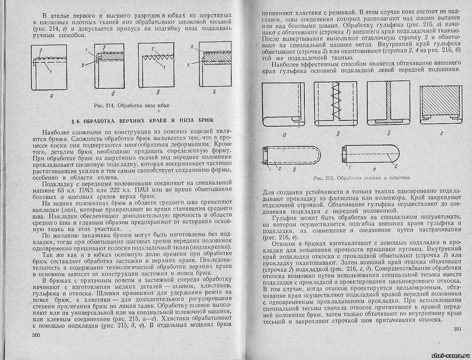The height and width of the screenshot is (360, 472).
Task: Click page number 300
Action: (36, 335)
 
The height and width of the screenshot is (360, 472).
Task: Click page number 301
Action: (457, 329)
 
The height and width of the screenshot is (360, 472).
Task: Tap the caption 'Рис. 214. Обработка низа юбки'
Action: (131, 105)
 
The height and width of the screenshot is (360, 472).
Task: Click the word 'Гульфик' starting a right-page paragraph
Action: (285, 217)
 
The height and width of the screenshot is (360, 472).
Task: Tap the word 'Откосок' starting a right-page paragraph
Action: (286, 242)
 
